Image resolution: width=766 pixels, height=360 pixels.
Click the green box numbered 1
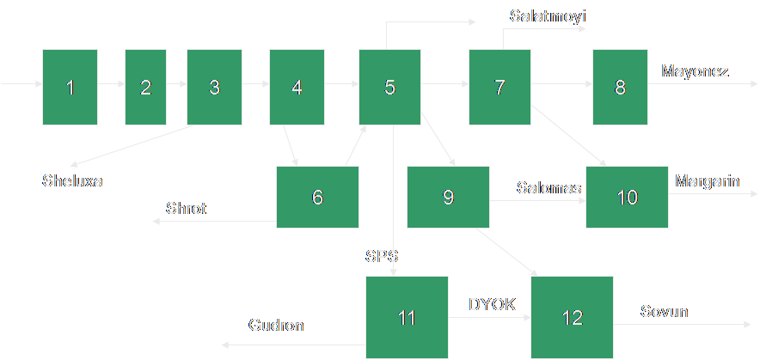coord(70,87)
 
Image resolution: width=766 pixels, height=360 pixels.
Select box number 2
coord(145,87)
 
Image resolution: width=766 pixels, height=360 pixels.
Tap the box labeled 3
coord(214,87)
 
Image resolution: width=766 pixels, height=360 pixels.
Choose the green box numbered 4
coord(297,87)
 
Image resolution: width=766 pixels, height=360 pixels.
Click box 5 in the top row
coord(389,87)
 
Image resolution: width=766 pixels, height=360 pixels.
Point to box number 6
coord(317,197)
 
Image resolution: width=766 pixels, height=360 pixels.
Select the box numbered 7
coord(499,87)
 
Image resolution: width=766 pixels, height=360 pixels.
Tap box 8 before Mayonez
coord(620,87)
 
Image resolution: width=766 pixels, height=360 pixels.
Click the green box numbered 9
coord(448,197)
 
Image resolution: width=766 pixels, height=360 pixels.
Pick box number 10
coord(627,197)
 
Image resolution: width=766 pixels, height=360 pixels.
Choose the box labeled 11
coord(407,317)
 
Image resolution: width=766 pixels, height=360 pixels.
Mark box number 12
coord(572,317)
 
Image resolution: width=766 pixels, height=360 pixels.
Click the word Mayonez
coord(695,71)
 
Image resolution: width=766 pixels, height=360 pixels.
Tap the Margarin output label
coord(707,181)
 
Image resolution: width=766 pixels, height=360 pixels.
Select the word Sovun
coord(665,310)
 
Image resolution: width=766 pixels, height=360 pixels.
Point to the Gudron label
coord(276,326)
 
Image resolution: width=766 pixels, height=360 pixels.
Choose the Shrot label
coord(186,209)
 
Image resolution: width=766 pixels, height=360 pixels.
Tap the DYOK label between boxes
coord(492,303)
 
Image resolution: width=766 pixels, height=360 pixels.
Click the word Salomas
coord(548,187)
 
